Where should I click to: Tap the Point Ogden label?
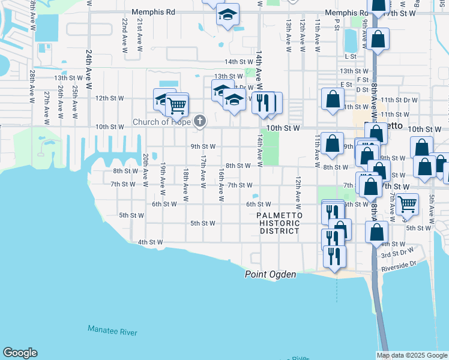270,274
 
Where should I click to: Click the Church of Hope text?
161,122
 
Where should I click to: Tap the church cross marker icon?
200,122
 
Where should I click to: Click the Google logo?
20,353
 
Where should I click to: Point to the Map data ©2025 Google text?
411,355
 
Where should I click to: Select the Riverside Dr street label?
398,265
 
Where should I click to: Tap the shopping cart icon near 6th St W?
408,204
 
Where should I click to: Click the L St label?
351,56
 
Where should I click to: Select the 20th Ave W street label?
145,167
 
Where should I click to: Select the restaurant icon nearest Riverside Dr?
334,255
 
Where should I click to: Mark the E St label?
346,85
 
